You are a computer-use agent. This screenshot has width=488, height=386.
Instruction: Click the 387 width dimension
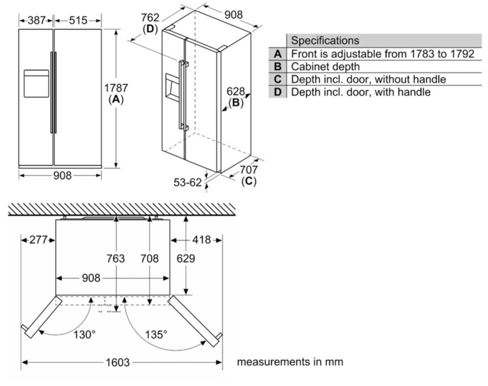[x=36, y=21]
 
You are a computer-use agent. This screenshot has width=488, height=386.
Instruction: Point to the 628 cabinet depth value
[x=235, y=91]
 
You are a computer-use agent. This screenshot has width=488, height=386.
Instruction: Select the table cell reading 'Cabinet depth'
[x=325, y=66]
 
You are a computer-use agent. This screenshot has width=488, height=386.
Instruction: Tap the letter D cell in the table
[x=278, y=92]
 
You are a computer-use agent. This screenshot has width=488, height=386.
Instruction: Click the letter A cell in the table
[x=278, y=54]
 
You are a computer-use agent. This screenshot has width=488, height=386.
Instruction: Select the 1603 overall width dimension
[x=118, y=362]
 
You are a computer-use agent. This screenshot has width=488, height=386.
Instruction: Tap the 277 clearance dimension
[x=37, y=240]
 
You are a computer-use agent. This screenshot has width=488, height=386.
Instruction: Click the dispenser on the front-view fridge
[x=35, y=83]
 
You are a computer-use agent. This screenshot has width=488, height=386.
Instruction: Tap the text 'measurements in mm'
[x=290, y=362]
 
